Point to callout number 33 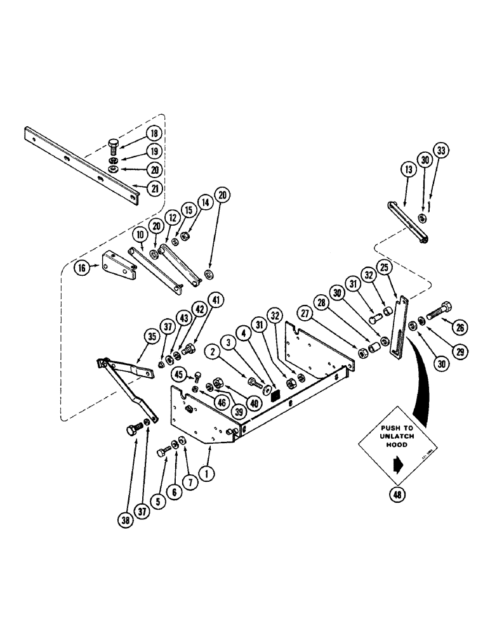pyautogui.click(x=442, y=152)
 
